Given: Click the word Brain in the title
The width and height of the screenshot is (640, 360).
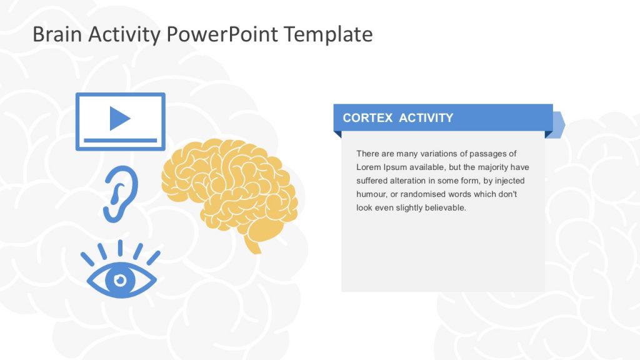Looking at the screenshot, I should click(x=57, y=34).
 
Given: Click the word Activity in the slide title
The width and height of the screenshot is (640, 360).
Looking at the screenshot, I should click(x=124, y=34).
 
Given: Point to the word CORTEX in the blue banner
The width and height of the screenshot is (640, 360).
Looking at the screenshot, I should click(x=367, y=118).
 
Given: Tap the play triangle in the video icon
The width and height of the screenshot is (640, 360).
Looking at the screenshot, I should click(x=119, y=118).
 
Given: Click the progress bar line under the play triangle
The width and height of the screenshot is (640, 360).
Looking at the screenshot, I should click(x=120, y=140).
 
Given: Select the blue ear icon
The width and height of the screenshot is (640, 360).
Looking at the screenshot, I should click(x=120, y=193).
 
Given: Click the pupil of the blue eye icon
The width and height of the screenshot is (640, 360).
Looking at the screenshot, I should click(x=120, y=279).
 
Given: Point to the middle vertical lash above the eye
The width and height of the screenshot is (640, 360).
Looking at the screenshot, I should click(x=120, y=248).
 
